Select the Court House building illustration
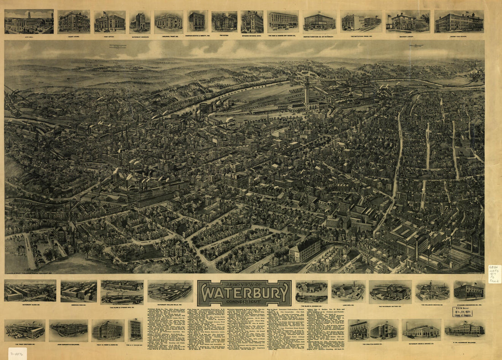(x=73, y=21)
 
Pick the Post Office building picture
(x=110, y=21)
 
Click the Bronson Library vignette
(x=408, y=21)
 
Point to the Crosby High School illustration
(x=459, y=21)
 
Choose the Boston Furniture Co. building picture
(x=319, y=21)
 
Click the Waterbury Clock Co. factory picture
(x=30, y=291)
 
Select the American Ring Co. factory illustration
(x=78, y=291)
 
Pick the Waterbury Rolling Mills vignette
(x=170, y=291)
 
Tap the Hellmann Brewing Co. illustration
(x=432, y=291)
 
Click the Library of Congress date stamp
(x=462, y=312)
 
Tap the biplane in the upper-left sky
(x=118, y=46)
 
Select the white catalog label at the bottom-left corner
(x=17, y=353)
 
